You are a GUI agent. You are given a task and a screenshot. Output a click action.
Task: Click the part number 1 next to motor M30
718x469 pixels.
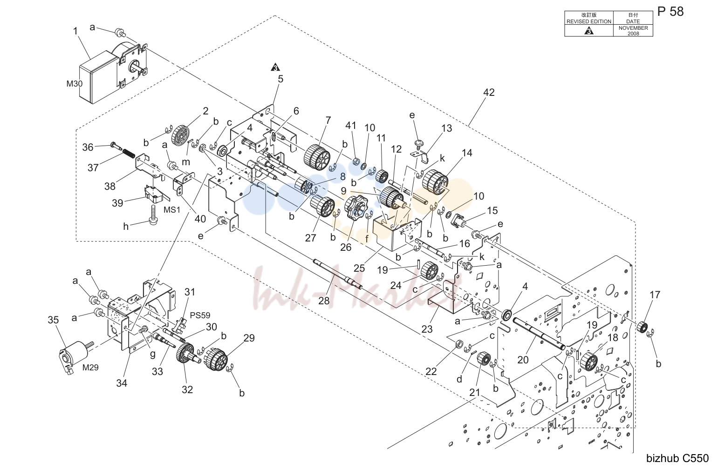pyautogui.click(x=75, y=31)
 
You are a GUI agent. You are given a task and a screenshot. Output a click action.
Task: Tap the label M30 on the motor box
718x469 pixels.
pyautogui.click(x=75, y=84)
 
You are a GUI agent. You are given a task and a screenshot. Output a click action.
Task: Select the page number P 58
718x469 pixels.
pyautogui.click(x=670, y=12)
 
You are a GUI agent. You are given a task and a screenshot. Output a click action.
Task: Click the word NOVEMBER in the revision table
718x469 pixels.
pyautogui.click(x=633, y=28)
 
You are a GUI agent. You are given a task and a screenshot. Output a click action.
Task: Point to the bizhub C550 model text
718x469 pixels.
pyautogui.click(x=677, y=458)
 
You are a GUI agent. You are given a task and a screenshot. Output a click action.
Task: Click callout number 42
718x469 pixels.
pyautogui.click(x=489, y=92)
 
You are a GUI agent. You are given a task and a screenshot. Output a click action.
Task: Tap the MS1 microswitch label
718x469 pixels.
pyautogui.click(x=172, y=210)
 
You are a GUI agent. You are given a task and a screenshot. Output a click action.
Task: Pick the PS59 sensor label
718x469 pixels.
pyautogui.click(x=200, y=315)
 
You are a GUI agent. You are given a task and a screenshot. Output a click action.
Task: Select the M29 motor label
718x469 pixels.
pyautogui.click(x=90, y=367)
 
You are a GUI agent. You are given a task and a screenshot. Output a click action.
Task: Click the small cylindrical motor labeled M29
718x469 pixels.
pyautogui.click(x=75, y=356)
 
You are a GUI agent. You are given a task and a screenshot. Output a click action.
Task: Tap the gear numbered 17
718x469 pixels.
pyautogui.click(x=642, y=327)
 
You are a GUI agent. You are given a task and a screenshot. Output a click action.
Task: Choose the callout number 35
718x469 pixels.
pyautogui.click(x=53, y=320)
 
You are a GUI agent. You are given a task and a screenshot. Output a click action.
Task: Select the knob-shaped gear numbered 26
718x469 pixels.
pyautogui.click(x=354, y=208)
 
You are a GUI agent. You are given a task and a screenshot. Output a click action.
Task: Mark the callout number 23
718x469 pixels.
pyautogui.click(x=427, y=329)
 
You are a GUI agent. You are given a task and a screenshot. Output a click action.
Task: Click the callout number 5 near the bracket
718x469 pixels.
pyautogui.click(x=280, y=79)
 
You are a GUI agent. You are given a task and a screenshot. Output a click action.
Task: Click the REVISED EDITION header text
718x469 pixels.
pyautogui.click(x=589, y=21)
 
